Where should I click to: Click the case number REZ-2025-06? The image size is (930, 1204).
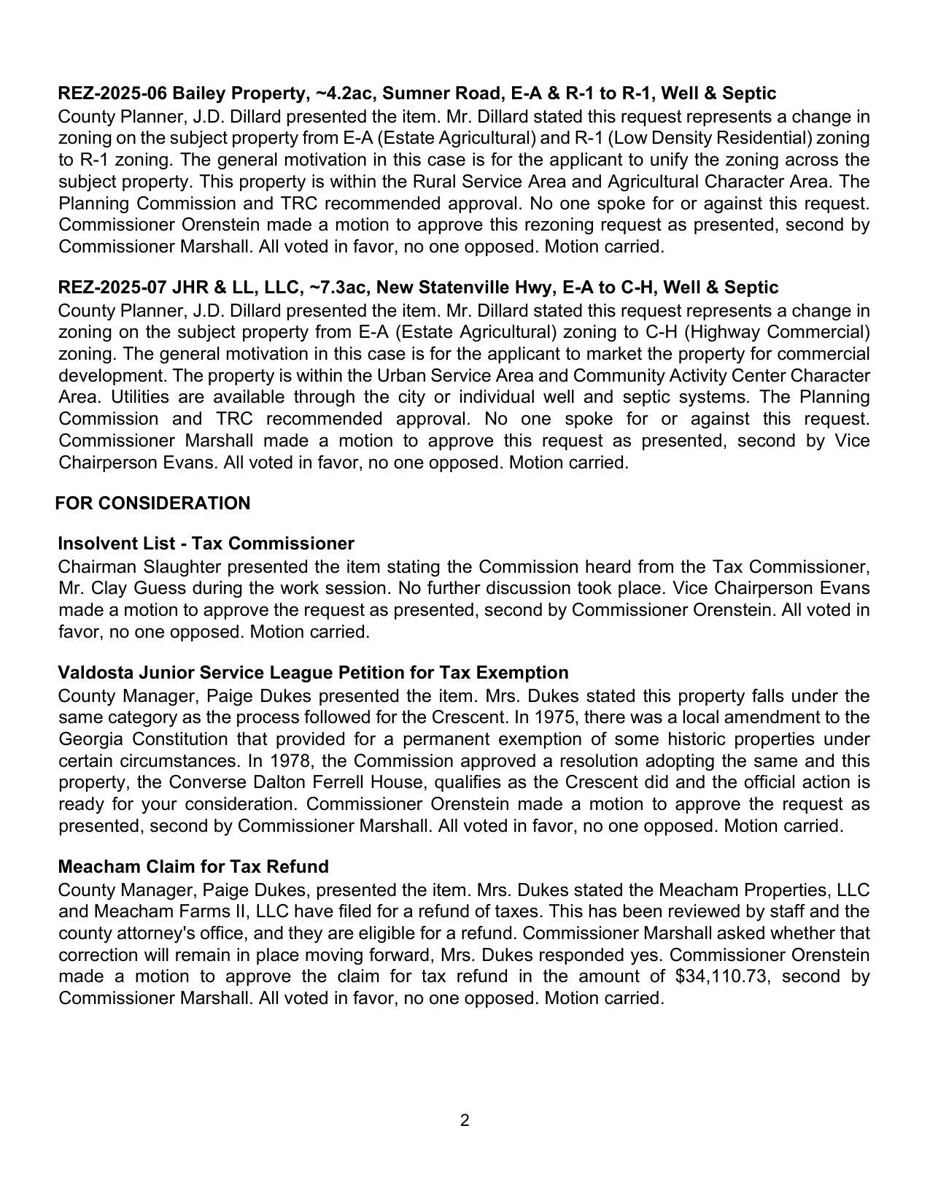click(x=113, y=93)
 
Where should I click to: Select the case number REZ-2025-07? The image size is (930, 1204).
click(x=113, y=288)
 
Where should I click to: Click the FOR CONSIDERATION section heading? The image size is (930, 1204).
click(x=152, y=503)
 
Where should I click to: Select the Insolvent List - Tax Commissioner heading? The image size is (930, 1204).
click(x=206, y=544)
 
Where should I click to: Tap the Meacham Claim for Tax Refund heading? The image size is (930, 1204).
click(x=193, y=867)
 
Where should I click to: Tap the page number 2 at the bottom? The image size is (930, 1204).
click(x=465, y=1121)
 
